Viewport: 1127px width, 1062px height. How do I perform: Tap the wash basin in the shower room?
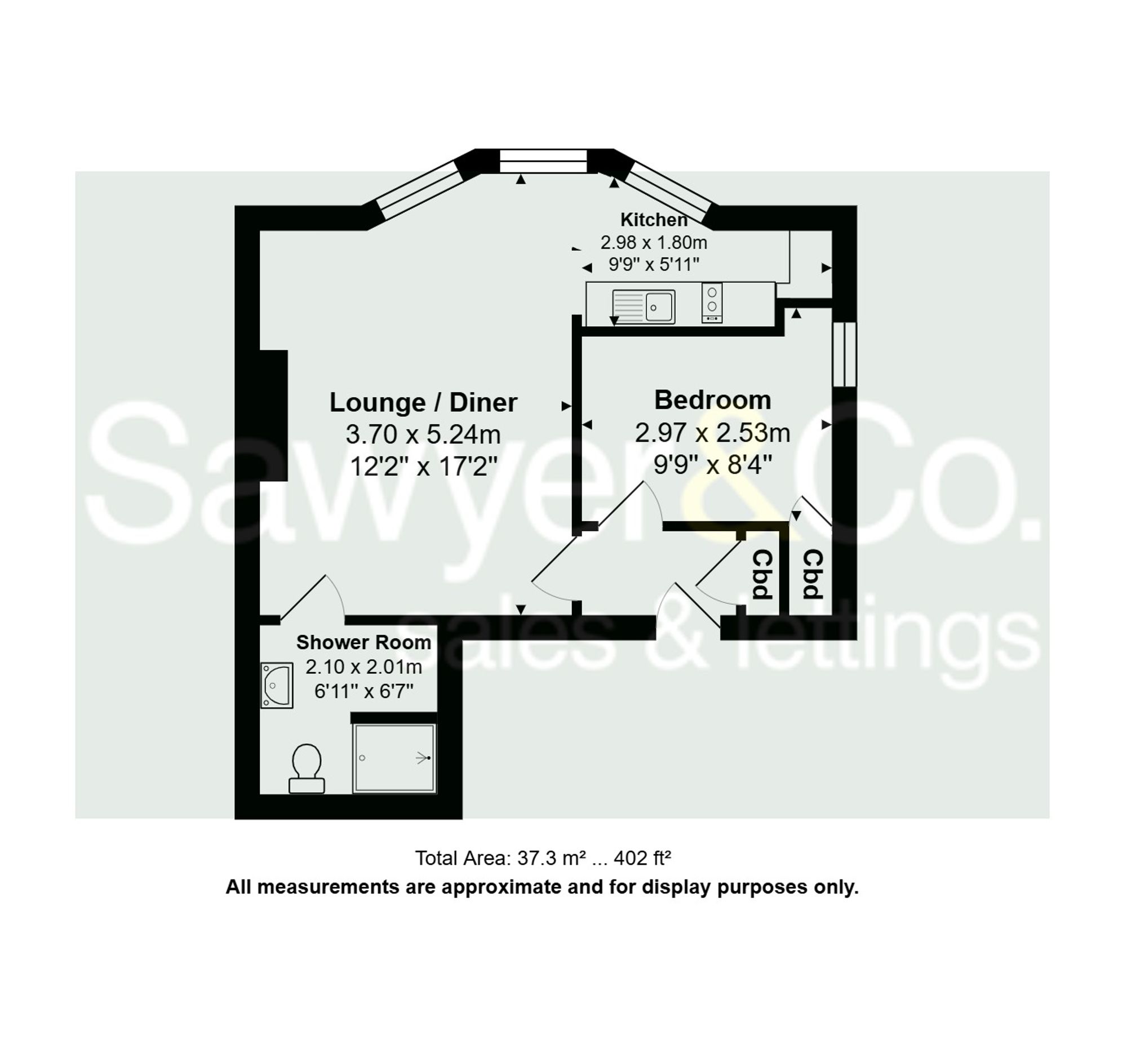(x=277, y=685)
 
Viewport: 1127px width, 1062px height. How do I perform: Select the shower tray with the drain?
(x=394, y=758)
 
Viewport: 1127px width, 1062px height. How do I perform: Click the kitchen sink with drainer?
(x=644, y=306)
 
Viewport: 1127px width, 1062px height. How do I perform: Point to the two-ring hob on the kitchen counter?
(x=712, y=302)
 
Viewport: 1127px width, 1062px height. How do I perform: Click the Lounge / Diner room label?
(x=423, y=402)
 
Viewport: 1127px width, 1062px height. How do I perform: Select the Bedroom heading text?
(x=712, y=400)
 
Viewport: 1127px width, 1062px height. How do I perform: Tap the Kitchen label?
(x=654, y=219)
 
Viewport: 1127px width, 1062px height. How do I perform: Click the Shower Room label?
(x=363, y=642)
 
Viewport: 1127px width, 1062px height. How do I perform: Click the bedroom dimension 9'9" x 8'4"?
(x=712, y=465)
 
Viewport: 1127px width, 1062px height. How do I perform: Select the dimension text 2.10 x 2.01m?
(x=363, y=667)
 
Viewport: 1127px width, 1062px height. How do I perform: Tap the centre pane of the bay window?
(x=543, y=161)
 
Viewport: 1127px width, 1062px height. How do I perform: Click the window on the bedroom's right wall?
(x=844, y=355)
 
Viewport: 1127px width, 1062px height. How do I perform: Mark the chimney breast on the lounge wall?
(x=273, y=415)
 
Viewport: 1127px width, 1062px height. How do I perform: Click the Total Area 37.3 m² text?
(x=543, y=858)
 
